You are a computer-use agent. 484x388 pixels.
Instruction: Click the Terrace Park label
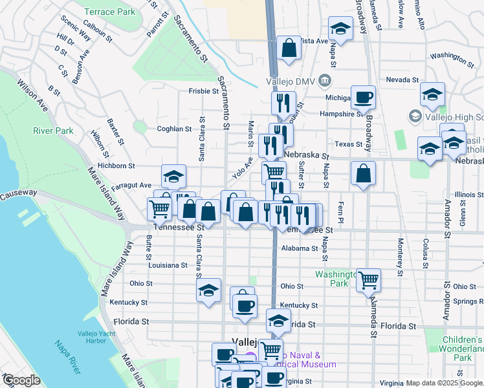pos(109,12)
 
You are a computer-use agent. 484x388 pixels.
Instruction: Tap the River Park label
pos(54,131)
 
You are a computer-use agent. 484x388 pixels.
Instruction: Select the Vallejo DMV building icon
pos(325,81)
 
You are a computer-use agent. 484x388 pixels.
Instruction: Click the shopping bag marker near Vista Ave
pos(289,48)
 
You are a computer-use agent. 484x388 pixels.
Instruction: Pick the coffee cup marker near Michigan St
pos(364,97)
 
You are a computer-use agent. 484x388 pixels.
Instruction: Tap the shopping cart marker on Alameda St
pos(368,280)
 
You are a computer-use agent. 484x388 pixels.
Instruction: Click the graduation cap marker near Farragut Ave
pos(173,176)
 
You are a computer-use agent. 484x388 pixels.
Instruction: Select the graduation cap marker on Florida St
pos(278,320)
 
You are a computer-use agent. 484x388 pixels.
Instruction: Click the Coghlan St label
pos(174,129)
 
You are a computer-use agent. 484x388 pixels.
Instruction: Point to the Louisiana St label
pos(167,265)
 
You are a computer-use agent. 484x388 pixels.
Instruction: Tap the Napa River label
pos(66,358)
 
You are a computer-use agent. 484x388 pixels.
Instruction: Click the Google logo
pos(21,380)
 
